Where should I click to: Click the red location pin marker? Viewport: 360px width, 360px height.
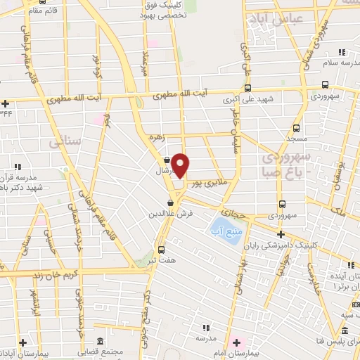(x=181, y=165)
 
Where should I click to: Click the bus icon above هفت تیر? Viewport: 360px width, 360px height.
(x=162, y=250)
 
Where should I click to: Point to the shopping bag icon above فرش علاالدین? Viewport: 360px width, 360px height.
(x=171, y=202)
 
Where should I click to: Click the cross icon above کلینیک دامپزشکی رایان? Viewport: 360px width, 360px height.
(x=280, y=234)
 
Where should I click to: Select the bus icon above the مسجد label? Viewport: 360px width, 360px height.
(x=296, y=129)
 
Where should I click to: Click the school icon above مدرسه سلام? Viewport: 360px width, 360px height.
(x=342, y=53)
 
